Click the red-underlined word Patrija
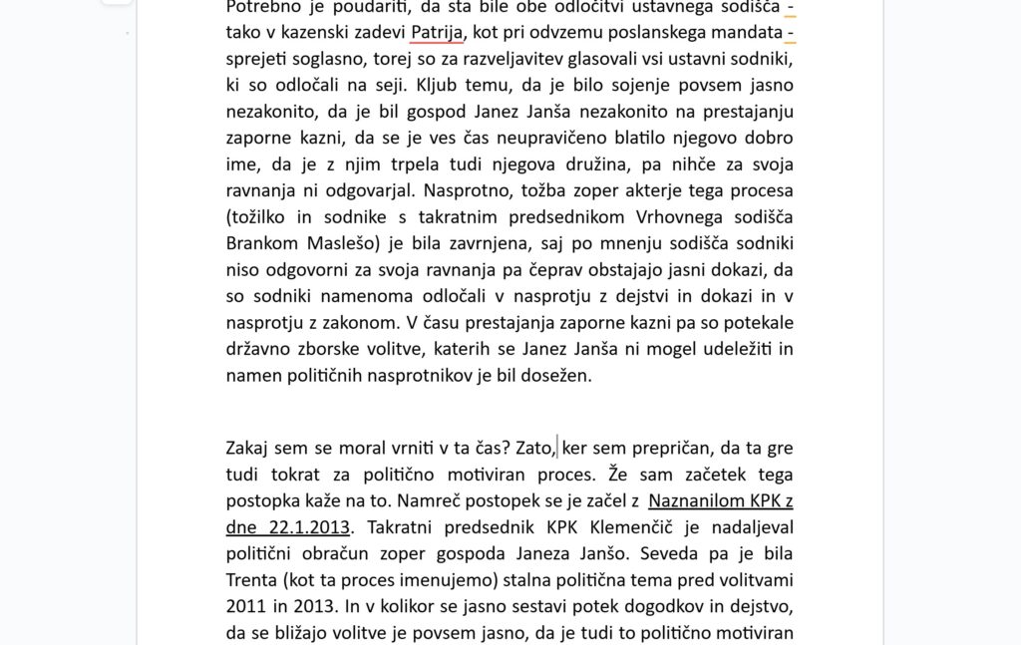(x=437, y=32)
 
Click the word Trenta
(x=254, y=579)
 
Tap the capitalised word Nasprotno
(x=472, y=190)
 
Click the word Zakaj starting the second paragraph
(x=251, y=448)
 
